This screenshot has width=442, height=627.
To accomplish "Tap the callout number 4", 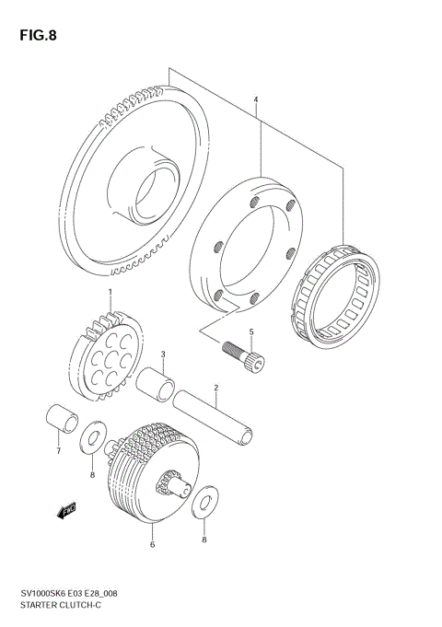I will [257, 100].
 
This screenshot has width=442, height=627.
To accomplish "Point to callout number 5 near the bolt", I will [250, 331].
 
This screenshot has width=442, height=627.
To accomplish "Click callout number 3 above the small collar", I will [162, 354].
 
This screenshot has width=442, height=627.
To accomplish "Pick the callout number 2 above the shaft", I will [215, 388].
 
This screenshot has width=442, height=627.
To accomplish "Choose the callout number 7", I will [57, 451].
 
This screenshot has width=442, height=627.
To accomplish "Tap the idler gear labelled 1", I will [108, 353].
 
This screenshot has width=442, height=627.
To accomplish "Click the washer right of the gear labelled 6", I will [205, 499].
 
